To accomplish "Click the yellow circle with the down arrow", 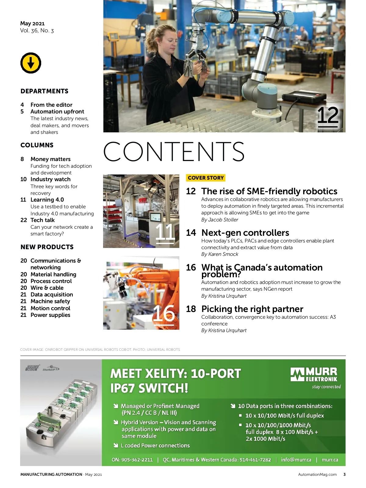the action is pos(31,63).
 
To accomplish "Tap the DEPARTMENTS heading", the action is pos(45,91).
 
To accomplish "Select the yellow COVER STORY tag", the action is pos(206,178).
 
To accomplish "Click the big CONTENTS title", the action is pos(174,151).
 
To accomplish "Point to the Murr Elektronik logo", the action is pos(314,375).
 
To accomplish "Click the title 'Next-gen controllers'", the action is pos(245,233).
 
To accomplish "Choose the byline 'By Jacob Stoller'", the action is pos(220,220).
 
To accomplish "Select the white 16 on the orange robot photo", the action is pos(164,313).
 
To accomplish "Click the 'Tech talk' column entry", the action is pos(42,220).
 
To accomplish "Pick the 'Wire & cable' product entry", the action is pos(47,288).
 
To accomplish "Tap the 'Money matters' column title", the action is pos(50,159).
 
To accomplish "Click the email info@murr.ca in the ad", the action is pos(296,460).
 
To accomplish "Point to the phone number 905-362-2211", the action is pos(137,460).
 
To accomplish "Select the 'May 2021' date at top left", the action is pos(32,23).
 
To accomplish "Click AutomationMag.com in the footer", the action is pos(317,474).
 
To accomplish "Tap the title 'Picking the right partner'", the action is pos(252,309).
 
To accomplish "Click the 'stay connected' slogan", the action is pos(326,387).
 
